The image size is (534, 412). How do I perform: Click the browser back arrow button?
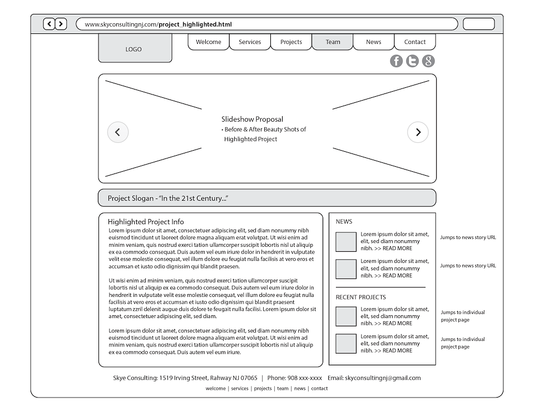(x=49, y=24)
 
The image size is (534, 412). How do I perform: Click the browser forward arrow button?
(x=61, y=24)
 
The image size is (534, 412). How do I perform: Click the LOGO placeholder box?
(x=135, y=49)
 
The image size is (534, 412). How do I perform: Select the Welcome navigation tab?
(x=209, y=42)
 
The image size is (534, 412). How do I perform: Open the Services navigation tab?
(x=250, y=42)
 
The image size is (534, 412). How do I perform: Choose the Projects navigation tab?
(x=291, y=42)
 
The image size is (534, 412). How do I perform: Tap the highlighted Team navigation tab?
(x=333, y=42)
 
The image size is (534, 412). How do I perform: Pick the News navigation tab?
(x=374, y=42)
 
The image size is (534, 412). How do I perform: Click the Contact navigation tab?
(x=415, y=42)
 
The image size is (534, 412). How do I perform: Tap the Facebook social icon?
(x=396, y=61)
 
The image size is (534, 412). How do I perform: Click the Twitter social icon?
(x=412, y=61)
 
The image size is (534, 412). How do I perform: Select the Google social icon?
(x=428, y=61)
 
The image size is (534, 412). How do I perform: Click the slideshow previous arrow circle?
(x=117, y=132)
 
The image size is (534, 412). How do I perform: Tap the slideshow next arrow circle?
(x=418, y=132)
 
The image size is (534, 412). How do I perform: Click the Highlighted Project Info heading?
(x=146, y=222)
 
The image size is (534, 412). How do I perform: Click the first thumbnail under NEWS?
(x=346, y=242)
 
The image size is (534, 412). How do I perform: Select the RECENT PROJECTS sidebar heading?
(x=360, y=297)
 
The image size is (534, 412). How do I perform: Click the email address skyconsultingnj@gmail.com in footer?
(x=383, y=378)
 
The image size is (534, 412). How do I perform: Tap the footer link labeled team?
(x=283, y=389)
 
